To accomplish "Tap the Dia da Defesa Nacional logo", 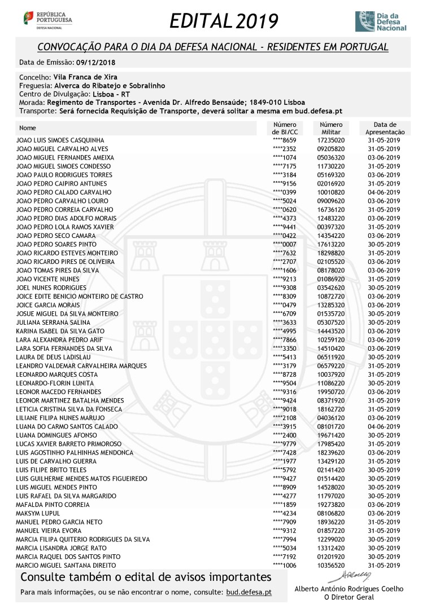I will [x=380, y=21].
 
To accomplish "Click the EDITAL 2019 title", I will [x=224, y=21].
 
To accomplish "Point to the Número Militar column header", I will [x=331, y=128].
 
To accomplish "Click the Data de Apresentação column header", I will [x=385, y=128].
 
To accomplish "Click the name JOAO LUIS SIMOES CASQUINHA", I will [x=60, y=140].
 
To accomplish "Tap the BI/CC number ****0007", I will [x=284, y=244].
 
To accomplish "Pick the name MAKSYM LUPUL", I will [x=38, y=513].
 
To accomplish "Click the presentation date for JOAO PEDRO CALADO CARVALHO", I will [x=383, y=192].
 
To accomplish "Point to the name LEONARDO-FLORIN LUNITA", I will [x=54, y=383].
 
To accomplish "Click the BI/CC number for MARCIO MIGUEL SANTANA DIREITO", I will [x=284, y=565].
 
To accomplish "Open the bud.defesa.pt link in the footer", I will [x=249, y=593].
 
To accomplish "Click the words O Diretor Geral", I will [x=349, y=597].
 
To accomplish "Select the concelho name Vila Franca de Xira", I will [x=85, y=77].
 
